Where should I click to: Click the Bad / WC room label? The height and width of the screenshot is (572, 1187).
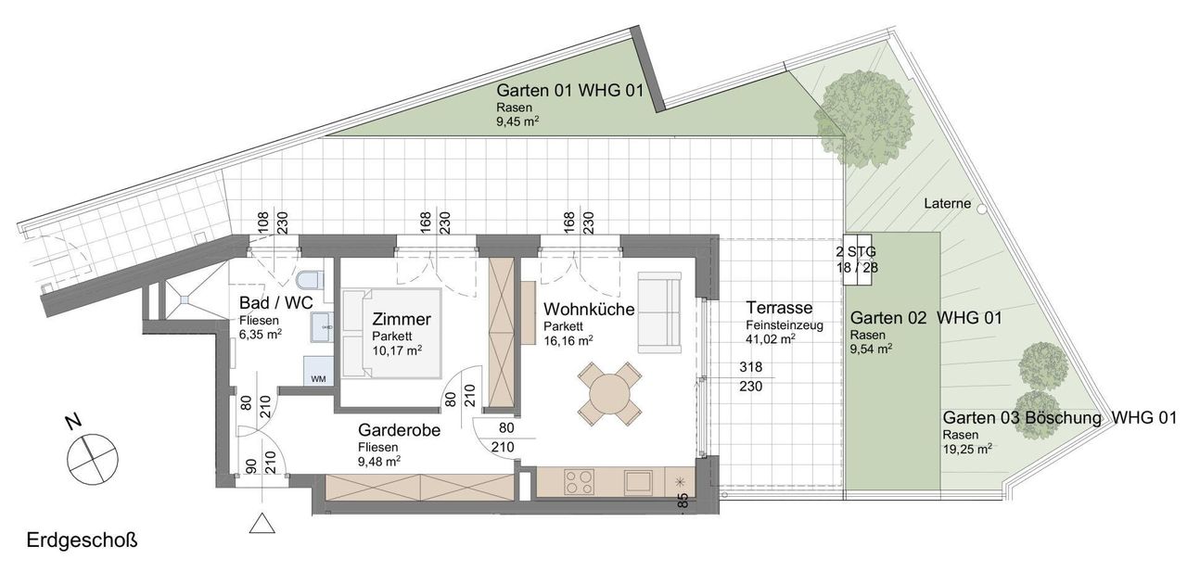pyautogui.click(x=276, y=303)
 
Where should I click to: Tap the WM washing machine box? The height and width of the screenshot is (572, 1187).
pyautogui.click(x=318, y=371)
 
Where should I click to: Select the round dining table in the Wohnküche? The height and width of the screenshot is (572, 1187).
pyautogui.click(x=609, y=394)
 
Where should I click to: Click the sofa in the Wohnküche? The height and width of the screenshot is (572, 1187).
pyautogui.click(x=659, y=312)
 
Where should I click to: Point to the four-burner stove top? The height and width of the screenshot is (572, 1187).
pyautogui.click(x=579, y=482)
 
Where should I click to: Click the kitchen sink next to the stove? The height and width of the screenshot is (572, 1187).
pyautogui.click(x=638, y=482)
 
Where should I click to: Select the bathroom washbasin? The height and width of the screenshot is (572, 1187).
pyautogui.click(x=322, y=327)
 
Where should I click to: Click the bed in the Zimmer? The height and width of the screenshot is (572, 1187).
pyautogui.click(x=391, y=333)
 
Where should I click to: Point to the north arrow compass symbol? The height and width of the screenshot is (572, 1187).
pyautogui.click(x=92, y=458)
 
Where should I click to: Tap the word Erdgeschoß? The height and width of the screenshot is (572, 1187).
pyautogui.click(x=82, y=541)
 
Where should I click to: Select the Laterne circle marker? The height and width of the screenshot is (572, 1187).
pyautogui.click(x=982, y=210)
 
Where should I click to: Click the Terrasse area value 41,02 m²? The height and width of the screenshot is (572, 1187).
pyautogui.click(x=771, y=339)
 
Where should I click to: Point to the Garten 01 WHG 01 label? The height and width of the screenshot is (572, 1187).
pyautogui.click(x=570, y=91)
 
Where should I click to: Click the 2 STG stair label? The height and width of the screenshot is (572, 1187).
pyautogui.click(x=856, y=251)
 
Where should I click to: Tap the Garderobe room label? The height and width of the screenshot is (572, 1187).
pyautogui.click(x=399, y=429)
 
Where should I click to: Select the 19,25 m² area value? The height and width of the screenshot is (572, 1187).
pyautogui.click(x=967, y=449)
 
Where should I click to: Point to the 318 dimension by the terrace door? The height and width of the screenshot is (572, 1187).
pyautogui.click(x=751, y=367)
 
